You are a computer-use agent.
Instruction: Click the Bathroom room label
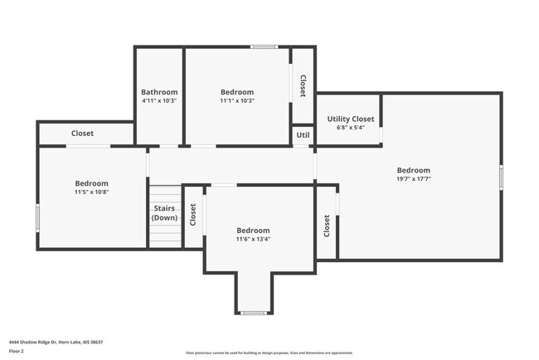(158, 92)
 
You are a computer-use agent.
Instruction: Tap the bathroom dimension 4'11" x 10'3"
(158, 100)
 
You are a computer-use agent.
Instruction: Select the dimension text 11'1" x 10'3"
(237, 100)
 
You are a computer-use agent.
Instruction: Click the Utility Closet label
(348, 119)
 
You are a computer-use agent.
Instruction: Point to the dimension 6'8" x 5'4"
(348, 128)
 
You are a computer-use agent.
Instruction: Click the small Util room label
(303, 134)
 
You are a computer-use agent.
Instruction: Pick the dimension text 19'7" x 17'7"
(413, 178)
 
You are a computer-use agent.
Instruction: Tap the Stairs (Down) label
(164, 213)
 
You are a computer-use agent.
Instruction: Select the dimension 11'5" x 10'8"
(91, 192)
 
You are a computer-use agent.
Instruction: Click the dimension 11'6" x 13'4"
(253, 239)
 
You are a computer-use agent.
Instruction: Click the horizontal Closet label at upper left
(82, 134)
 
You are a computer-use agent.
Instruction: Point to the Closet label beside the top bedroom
(303, 85)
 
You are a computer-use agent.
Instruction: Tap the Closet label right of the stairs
(193, 216)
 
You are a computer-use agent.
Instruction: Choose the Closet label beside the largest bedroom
(327, 226)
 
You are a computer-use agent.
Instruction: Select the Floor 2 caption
(17, 352)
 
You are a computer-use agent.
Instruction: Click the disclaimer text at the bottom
(269, 353)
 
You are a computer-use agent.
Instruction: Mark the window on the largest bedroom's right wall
(501, 178)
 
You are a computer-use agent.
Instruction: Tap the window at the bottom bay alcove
(253, 313)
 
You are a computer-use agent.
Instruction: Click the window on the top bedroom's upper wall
(264, 46)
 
